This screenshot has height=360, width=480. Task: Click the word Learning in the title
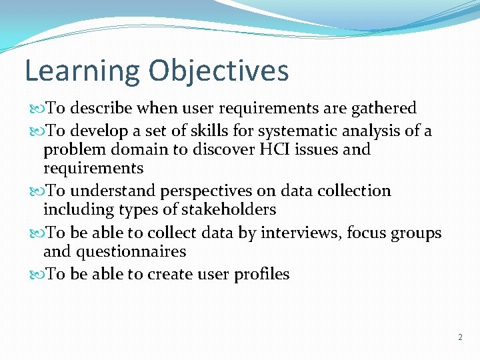click(x=82, y=71)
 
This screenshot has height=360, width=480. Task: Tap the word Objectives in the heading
click(x=219, y=71)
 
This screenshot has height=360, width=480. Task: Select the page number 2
click(x=460, y=337)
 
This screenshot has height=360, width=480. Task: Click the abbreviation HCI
click(x=271, y=149)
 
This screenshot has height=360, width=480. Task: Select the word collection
click(x=354, y=191)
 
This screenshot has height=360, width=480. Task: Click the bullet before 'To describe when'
click(x=36, y=109)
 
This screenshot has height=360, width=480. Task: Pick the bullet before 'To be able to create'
click(x=36, y=275)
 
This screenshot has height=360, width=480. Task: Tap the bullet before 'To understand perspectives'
click(x=36, y=191)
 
